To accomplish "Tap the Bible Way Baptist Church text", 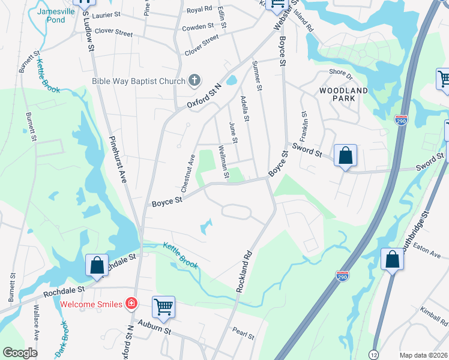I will [139, 80].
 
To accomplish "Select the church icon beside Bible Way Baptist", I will [194, 80].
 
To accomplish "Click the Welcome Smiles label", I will [91, 304].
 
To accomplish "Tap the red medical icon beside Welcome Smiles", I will [130, 304].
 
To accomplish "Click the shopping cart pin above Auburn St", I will [163, 307].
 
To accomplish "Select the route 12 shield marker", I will [374, 354].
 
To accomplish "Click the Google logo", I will [20, 353].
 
